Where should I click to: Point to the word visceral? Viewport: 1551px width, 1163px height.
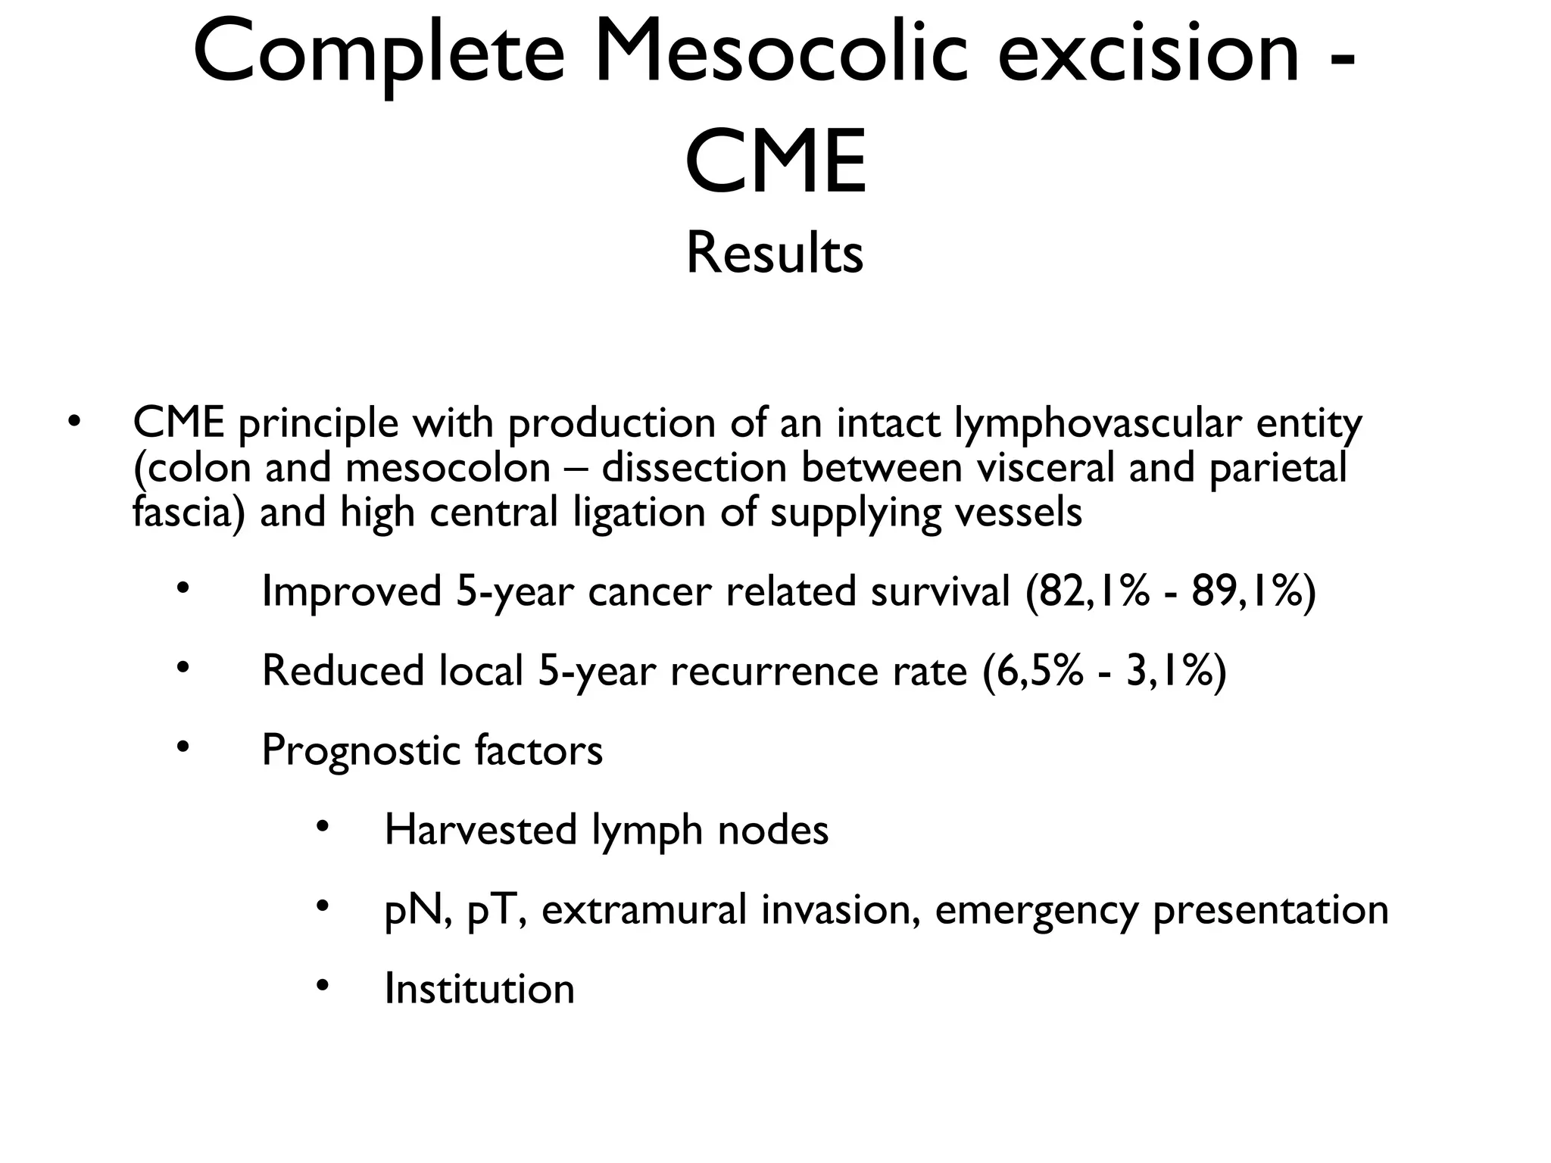tap(1046, 468)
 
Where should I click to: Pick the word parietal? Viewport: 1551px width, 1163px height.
tap(1278, 468)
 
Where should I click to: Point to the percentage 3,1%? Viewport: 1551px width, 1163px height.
tap(1169, 671)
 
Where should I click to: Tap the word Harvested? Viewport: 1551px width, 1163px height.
tap(481, 830)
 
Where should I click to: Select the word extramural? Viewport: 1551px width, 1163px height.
tap(644, 909)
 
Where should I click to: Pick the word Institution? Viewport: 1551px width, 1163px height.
tap(479, 989)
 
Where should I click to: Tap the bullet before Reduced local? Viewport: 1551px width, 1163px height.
tap(182, 667)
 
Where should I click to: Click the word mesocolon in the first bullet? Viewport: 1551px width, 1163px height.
tap(448, 468)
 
